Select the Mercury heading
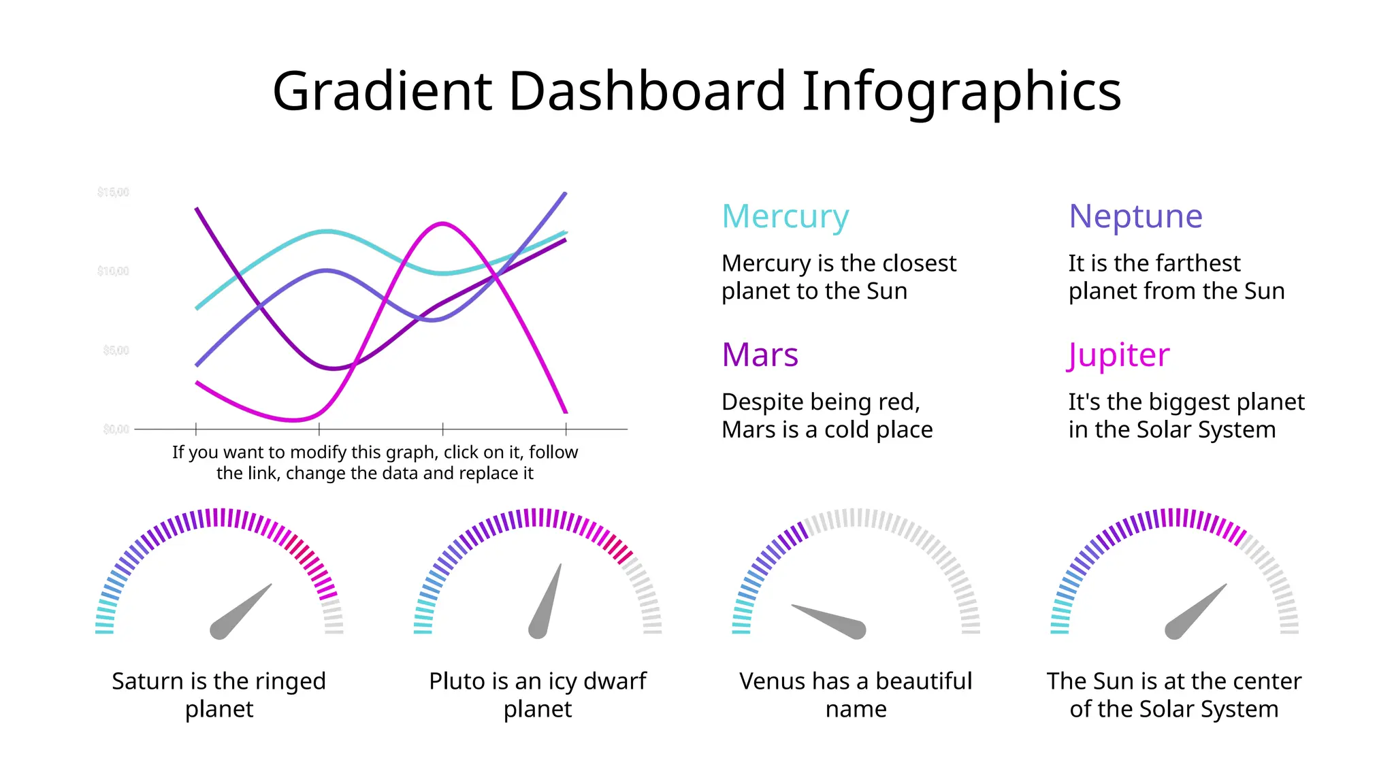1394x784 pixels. coord(785,217)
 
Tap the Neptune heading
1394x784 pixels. coord(1135,217)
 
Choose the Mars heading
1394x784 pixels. coord(760,355)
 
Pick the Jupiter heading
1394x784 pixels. coord(1118,355)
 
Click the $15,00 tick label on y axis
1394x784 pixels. coord(113,192)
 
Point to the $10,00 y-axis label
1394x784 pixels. coord(113,271)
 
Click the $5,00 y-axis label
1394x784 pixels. coord(116,350)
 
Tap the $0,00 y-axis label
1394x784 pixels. coord(116,429)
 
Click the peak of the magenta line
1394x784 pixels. coord(443,223)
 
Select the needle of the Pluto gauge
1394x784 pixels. coord(547,603)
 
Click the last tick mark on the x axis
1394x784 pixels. coord(566,429)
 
